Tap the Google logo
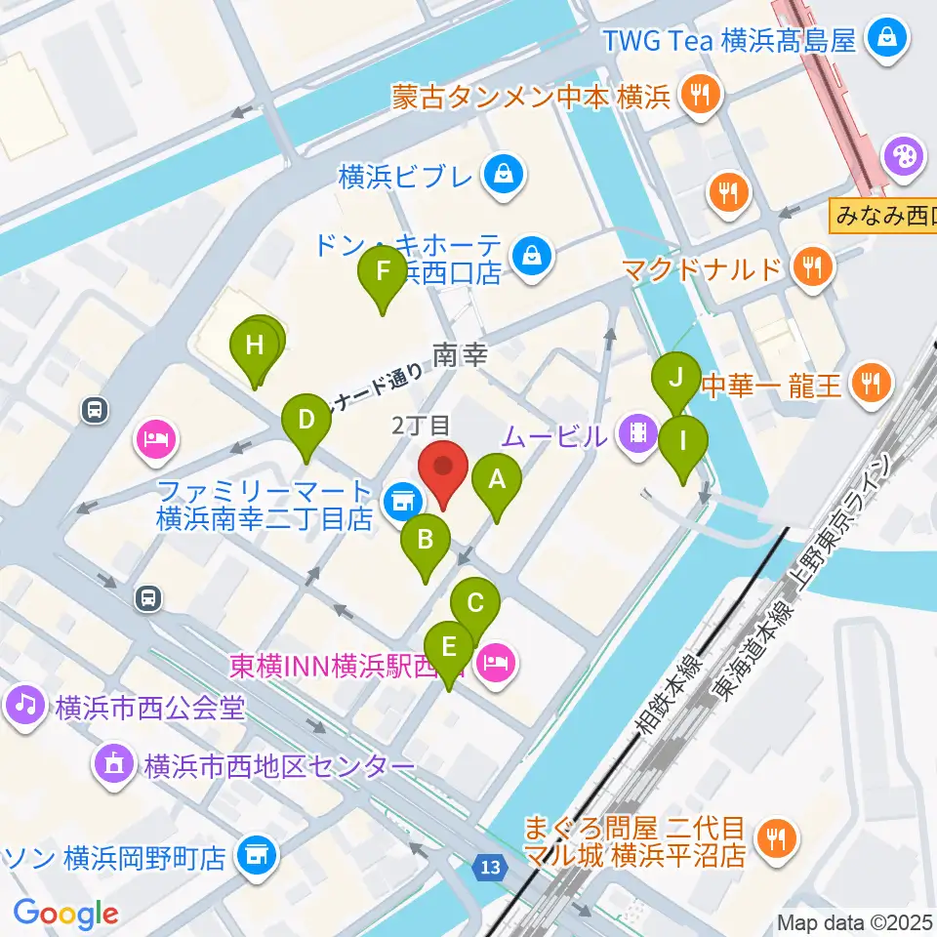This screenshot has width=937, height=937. pyautogui.click(x=65, y=914)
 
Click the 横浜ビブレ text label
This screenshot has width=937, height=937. pyautogui.click(x=408, y=177)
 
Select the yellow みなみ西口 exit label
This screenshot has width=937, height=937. pyautogui.click(x=882, y=215)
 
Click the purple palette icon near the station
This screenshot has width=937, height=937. pyautogui.click(x=901, y=156)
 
